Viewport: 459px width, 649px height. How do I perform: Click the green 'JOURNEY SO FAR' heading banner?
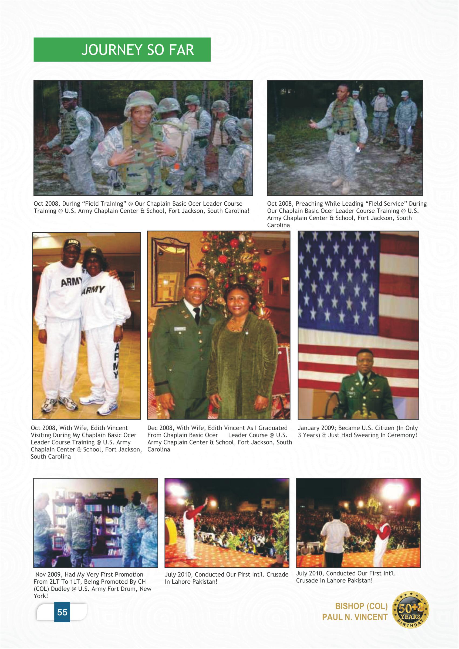coord(122,49)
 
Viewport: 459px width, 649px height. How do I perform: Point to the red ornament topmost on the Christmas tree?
coord(234,243)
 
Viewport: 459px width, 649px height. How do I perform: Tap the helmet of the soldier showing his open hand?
coord(140,101)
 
